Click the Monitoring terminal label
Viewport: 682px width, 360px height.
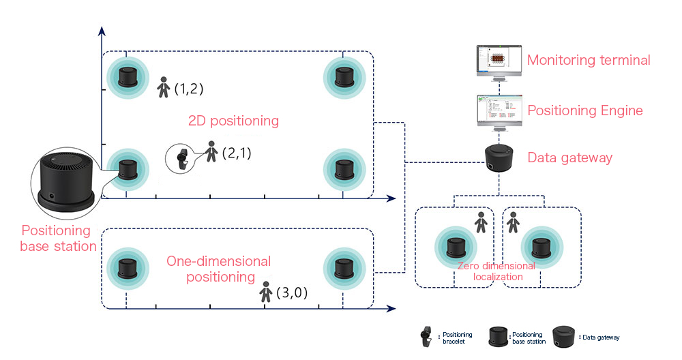point(589,60)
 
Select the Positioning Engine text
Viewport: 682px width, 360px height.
point(585,110)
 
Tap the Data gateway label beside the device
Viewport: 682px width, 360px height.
point(570,158)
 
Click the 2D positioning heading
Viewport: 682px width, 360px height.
point(233,121)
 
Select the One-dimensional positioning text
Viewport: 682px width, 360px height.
point(218,269)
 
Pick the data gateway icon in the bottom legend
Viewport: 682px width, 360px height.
point(563,336)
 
